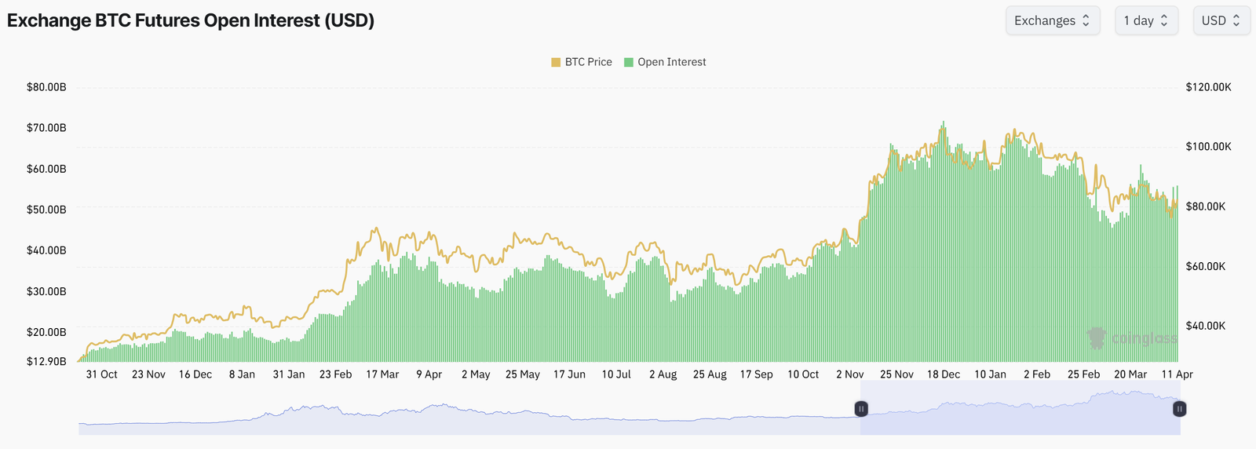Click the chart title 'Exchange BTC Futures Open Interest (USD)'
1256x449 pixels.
tap(191, 20)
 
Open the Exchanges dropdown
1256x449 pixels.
tap(1052, 20)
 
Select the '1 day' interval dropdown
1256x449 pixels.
tap(1145, 20)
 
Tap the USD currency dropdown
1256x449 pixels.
tap(1221, 20)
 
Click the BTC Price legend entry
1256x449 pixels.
tap(582, 62)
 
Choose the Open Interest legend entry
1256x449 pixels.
tap(665, 62)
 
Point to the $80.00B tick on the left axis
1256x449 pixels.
tap(46, 87)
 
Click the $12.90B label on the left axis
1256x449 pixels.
tap(46, 362)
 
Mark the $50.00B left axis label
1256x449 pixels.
tap(46, 210)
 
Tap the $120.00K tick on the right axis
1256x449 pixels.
tap(1208, 87)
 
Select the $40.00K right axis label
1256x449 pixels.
tap(1205, 326)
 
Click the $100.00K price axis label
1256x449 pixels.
tap(1208, 147)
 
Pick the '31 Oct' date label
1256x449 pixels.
tap(101, 374)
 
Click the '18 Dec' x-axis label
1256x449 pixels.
tap(943, 374)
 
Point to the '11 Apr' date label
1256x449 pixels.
tap(1177, 374)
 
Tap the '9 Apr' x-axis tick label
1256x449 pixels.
tap(429, 374)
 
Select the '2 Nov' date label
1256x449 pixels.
tap(849, 374)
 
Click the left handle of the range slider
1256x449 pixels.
tap(861, 409)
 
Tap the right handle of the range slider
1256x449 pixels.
tap(1179, 409)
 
